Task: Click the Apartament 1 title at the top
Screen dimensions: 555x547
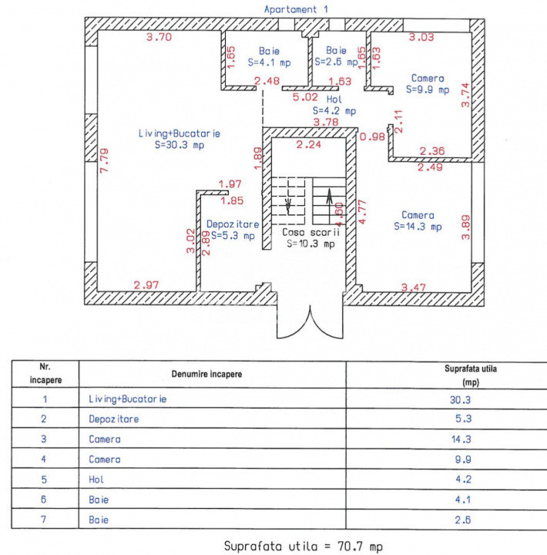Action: point(290,8)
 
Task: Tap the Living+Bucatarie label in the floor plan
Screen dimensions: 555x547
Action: point(179,133)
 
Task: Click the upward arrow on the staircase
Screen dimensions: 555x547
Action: point(330,202)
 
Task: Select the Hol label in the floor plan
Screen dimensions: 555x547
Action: point(334,100)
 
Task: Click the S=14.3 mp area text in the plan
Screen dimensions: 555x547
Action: point(417,227)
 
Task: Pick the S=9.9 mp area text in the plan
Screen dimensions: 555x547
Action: point(427,89)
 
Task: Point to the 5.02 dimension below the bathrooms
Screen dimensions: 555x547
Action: point(305,97)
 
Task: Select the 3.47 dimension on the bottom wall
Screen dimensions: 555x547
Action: point(414,287)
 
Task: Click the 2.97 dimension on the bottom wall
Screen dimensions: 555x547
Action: point(146,285)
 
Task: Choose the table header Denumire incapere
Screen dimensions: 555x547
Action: point(206,373)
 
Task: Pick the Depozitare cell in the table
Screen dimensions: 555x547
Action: point(114,419)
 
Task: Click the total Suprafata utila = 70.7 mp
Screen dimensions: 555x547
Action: point(300,546)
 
